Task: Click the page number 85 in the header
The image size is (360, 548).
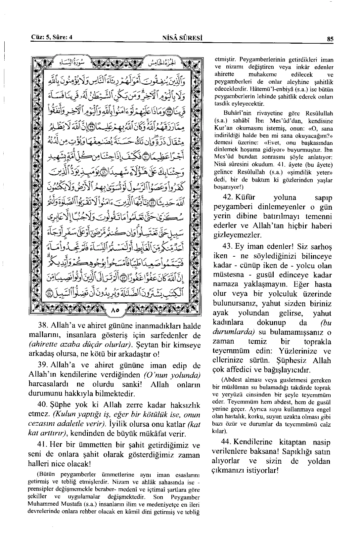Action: point(330,39)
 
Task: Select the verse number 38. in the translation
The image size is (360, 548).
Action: point(45,326)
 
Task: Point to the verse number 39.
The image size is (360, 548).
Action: point(45,365)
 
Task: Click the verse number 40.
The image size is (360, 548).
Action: point(45,405)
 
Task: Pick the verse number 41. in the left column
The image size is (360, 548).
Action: point(44,444)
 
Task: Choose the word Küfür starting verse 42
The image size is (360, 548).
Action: point(245,197)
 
